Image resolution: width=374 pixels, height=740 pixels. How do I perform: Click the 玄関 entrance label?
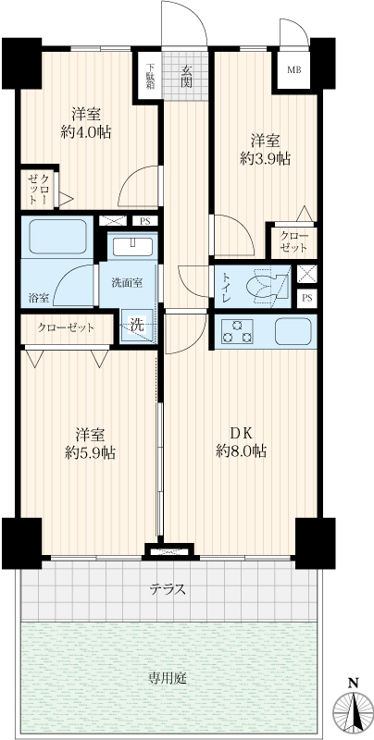click(x=186, y=77)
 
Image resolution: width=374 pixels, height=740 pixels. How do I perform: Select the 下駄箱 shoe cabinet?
click(x=150, y=77)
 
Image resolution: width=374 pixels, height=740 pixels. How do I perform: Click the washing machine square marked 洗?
click(x=137, y=325)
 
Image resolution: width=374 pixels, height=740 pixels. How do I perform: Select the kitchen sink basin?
click(x=293, y=331)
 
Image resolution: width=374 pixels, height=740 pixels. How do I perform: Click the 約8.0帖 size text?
click(x=242, y=451)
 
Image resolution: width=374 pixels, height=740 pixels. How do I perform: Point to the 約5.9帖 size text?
click(x=90, y=453)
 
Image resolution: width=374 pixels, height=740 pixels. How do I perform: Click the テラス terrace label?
click(x=168, y=589)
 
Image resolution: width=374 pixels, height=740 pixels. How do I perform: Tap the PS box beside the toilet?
click(x=306, y=297)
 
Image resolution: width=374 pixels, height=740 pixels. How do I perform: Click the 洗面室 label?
click(x=127, y=283)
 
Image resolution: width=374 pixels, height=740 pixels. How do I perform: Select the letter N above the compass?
click(x=353, y=683)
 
